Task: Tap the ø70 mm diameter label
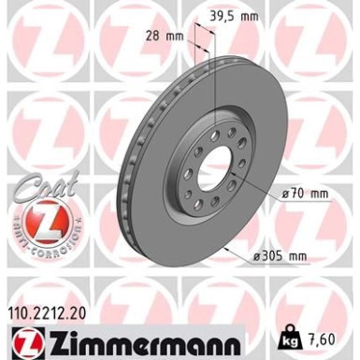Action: (x=306, y=193)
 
